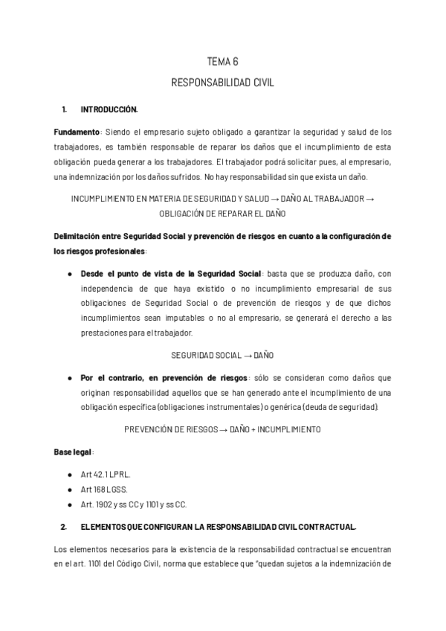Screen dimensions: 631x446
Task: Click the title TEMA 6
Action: tap(222, 62)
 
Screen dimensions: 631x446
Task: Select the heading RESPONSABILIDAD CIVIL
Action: tap(222, 83)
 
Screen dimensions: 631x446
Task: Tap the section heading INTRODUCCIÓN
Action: tap(109, 110)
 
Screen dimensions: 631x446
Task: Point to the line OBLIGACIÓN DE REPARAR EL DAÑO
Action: tap(222, 214)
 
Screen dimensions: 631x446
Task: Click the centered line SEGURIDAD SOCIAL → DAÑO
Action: tap(222, 354)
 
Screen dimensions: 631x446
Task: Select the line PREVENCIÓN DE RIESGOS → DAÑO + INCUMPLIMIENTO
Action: tap(222, 429)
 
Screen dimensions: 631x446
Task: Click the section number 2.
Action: tap(64, 527)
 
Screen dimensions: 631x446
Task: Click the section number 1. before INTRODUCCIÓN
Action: tap(64, 110)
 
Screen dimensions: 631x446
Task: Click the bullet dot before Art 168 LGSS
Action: tap(69, 489)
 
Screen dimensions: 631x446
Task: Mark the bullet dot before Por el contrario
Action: tap(69, 377)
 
